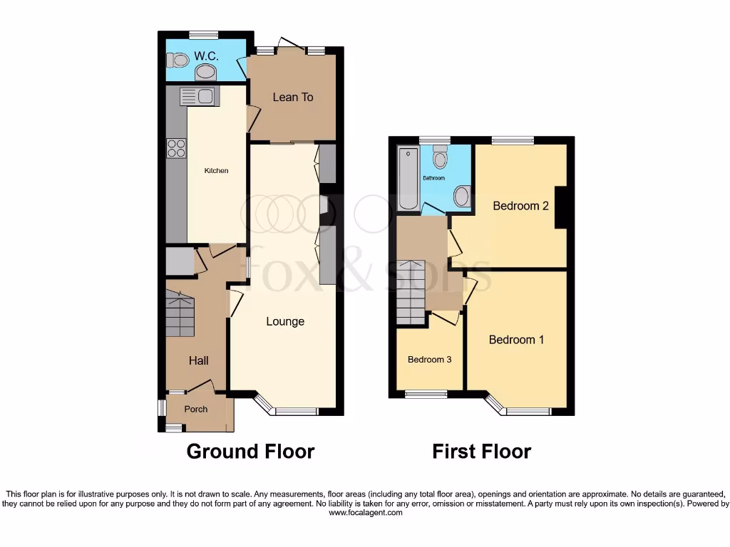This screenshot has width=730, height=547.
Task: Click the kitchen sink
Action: pyautogui.click(x=197, y=96)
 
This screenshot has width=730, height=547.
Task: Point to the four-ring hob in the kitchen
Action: pyautogui.click(x=177, y=147)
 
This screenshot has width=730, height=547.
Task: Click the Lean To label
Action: pyautogui.click(x=293, y=97)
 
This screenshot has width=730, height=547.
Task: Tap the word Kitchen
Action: pyautogui.click(x=217, y=171)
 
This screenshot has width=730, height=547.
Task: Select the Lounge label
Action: pyautogui.click(x=285, y=321)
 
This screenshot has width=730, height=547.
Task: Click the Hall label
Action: pyautogui.click(x=198, y=361)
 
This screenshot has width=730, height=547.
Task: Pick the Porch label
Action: pyautogui.click(x=196, y=409)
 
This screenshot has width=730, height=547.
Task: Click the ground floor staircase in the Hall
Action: pyautogui.click(x=180, y=316)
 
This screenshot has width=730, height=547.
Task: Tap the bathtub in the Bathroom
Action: pyautogui.click(x=408, y=178)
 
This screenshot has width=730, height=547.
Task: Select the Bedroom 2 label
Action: pyautogui.click(x=521, y=206)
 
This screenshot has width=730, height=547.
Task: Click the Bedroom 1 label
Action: pyautogui.click(x=516, y=340)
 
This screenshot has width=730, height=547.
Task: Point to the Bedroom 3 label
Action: pyautogui.click(x=429, y=360)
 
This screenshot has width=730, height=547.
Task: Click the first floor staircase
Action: pyautogui.click(x=411, y=292)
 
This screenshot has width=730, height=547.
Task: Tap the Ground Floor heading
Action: pyautogui.click(x=250, y=451)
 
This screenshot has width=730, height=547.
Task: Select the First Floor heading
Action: pyautogui.click(x=482, y=451)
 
